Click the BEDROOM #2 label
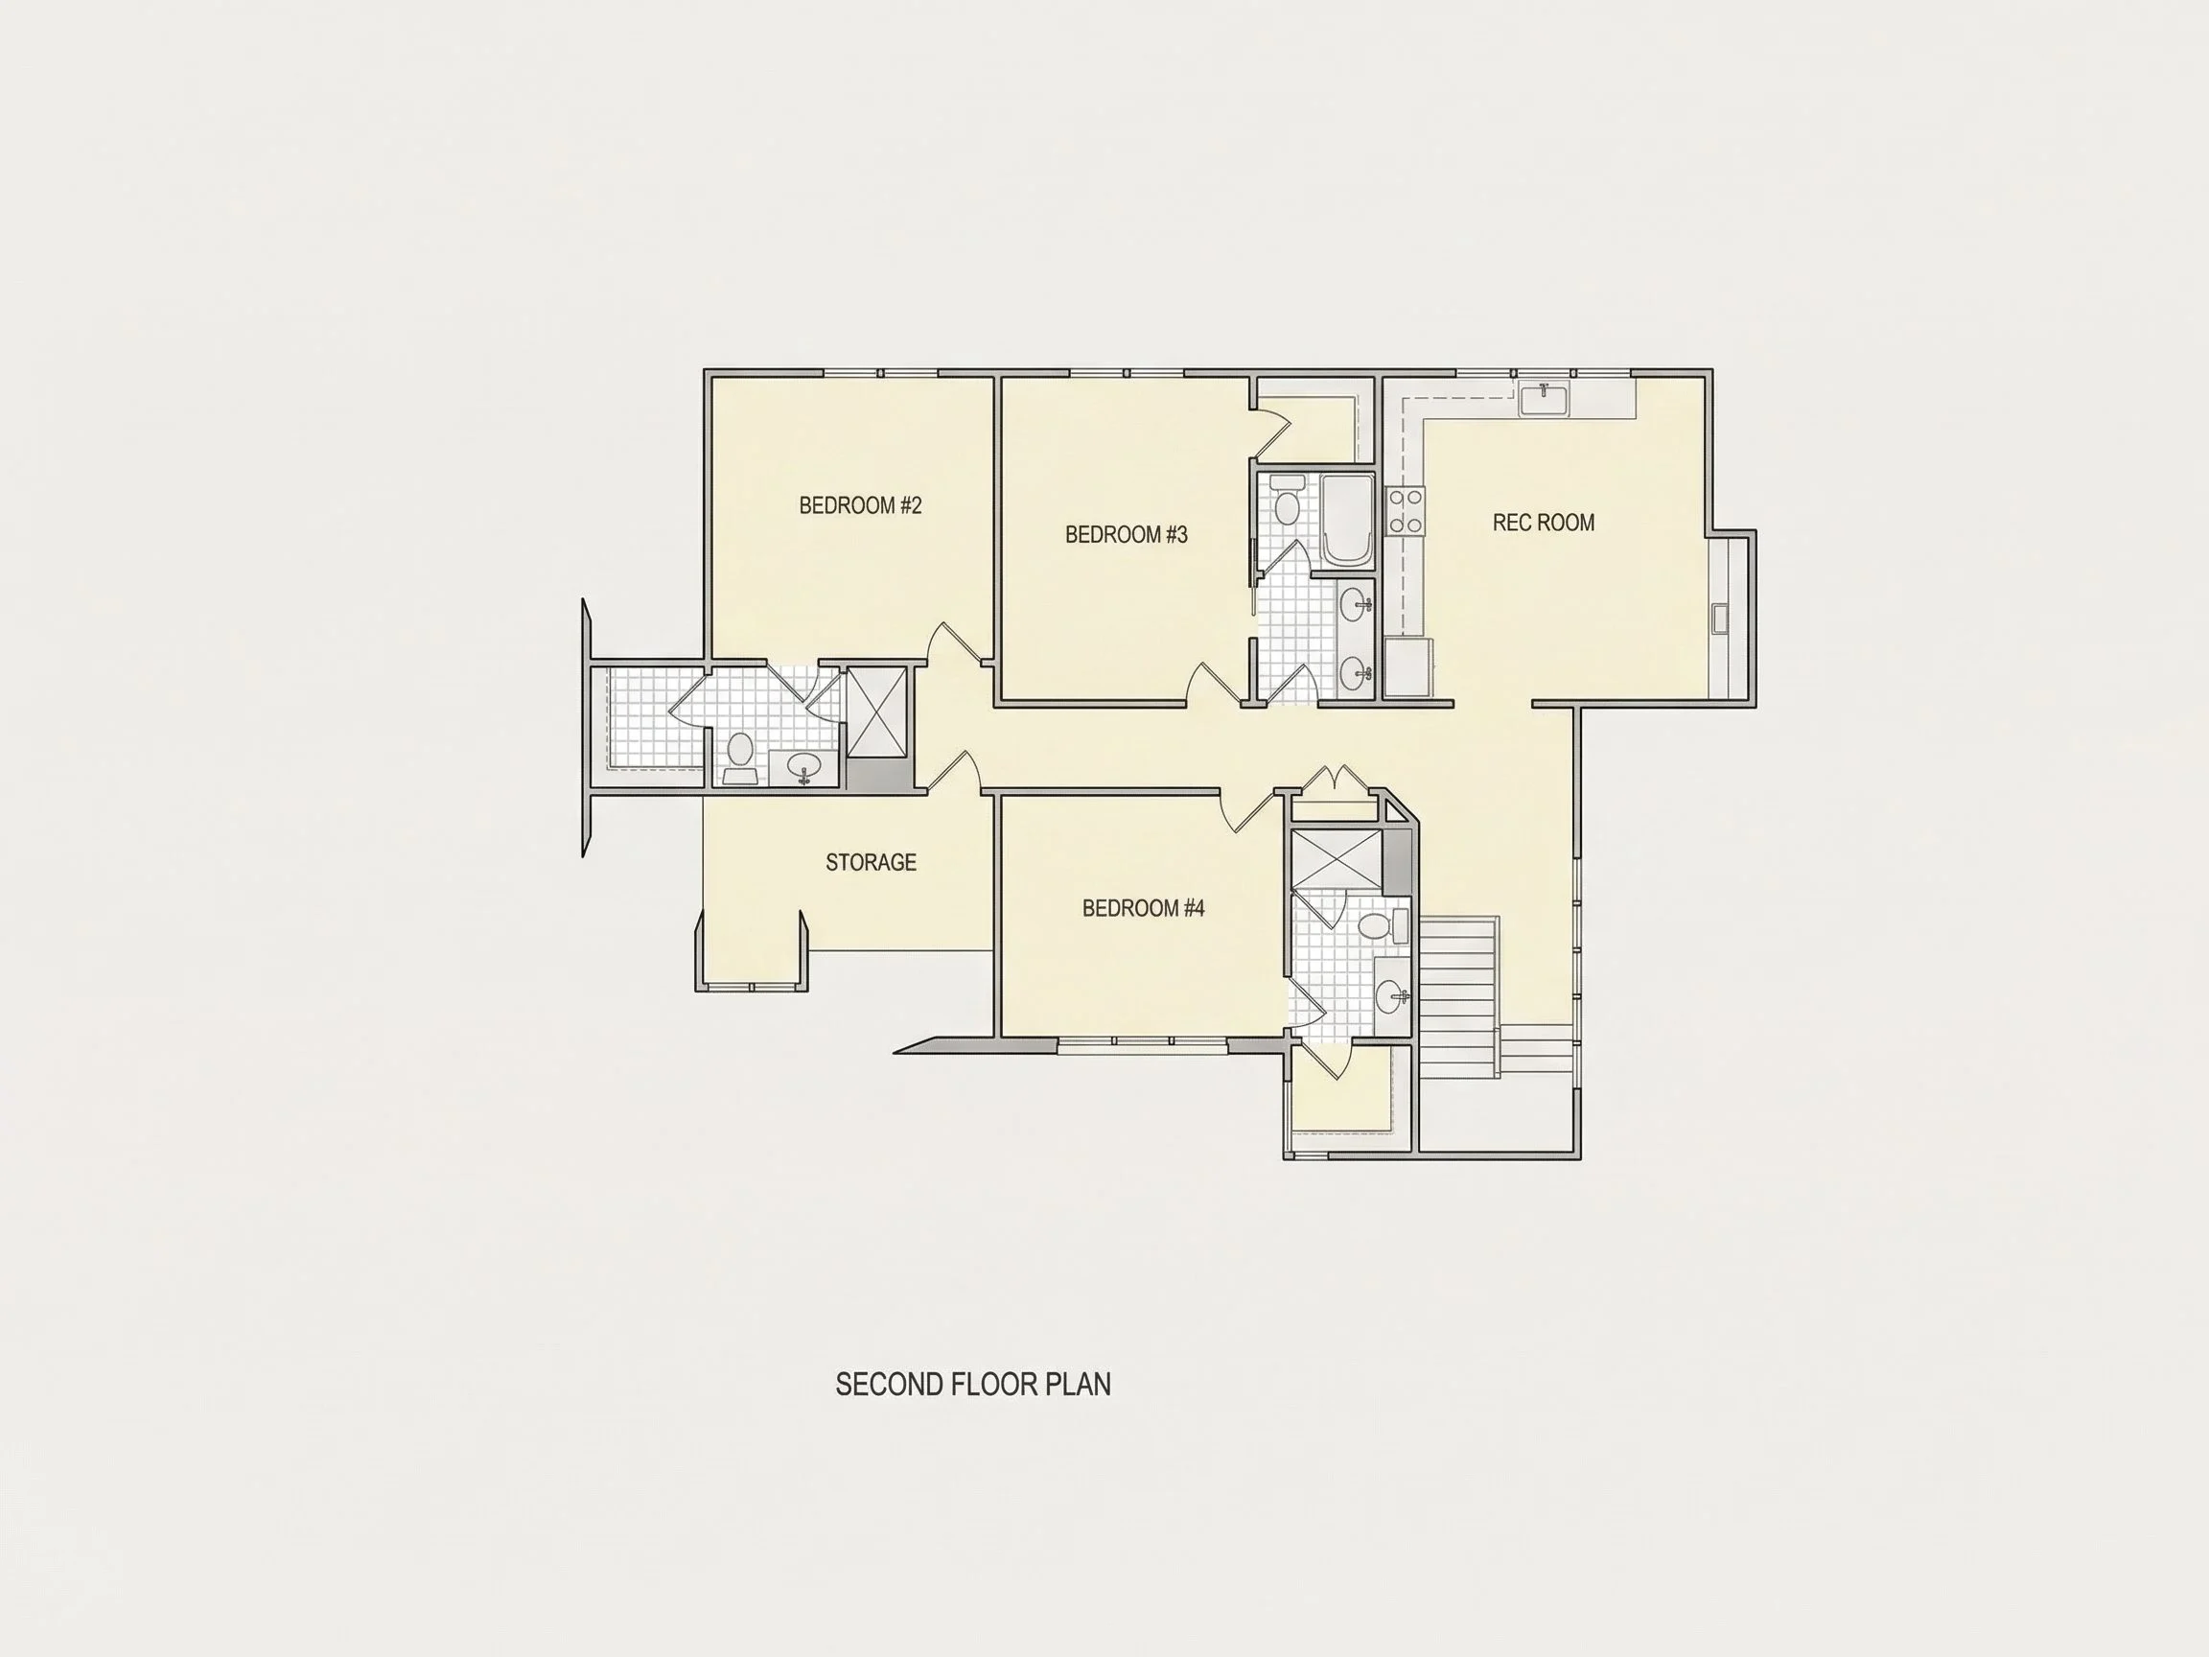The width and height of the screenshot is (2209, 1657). pos(860,505)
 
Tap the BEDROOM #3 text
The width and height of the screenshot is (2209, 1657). pos(1127,534)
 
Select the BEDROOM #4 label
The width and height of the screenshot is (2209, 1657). pos(1144,908)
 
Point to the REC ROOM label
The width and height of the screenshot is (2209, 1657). pos(1543,523)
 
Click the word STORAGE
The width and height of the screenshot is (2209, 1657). pos(871,862)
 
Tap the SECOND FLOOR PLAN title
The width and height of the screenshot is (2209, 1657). pos(973,1385)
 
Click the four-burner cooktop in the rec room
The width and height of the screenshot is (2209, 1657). pos(1406,510)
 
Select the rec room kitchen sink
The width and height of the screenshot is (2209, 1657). pos(1544,399)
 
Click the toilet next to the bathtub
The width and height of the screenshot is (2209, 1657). pos(1288,501)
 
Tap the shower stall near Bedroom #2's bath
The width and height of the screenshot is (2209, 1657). pos(878,712)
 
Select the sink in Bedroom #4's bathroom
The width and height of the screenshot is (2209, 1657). pos(1392,995)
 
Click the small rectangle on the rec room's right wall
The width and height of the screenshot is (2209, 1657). pos(1720,618)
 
